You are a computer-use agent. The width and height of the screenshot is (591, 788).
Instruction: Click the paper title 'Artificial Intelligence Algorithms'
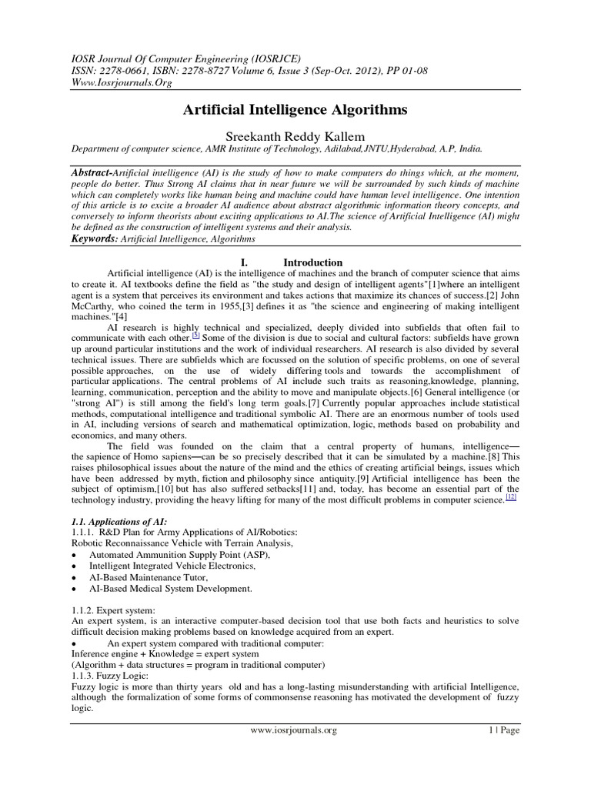(x=295, y=110)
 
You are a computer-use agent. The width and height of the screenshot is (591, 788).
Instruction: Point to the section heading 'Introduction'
(x=312, y=262)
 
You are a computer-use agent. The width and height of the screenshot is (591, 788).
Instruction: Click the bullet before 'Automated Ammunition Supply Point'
(x=73, y=555)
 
